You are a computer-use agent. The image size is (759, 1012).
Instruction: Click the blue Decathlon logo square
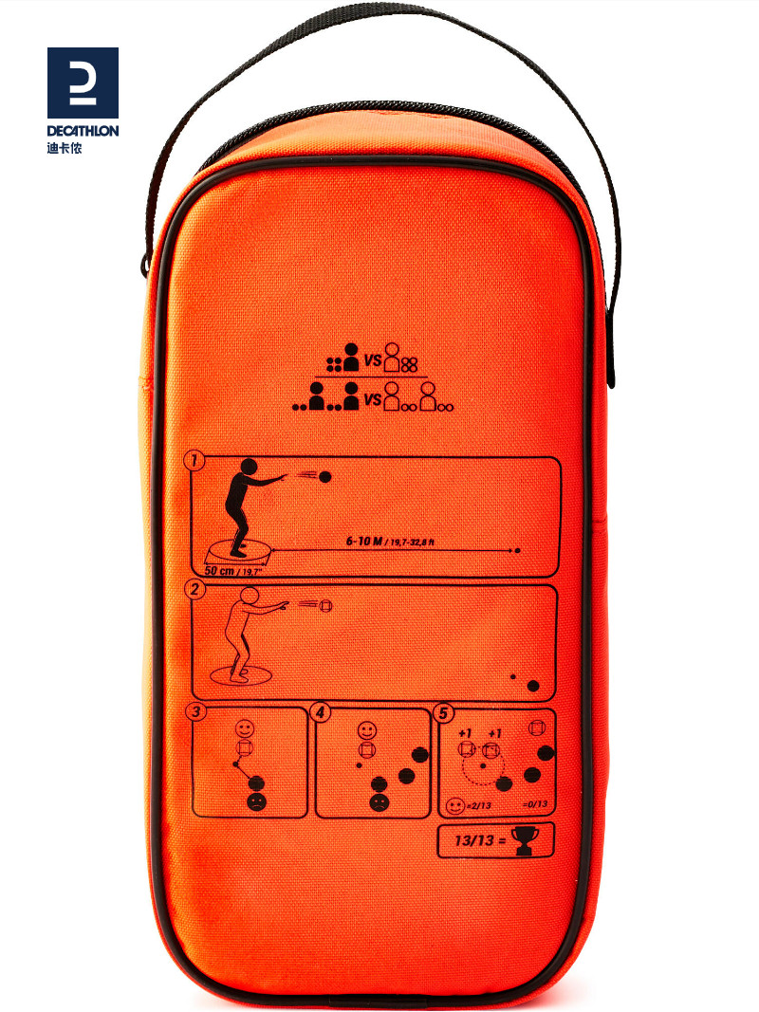83,83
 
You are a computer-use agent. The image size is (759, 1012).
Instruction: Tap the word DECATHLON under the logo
83,131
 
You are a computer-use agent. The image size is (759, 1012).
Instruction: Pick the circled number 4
322,711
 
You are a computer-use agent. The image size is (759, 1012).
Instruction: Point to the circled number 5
442,711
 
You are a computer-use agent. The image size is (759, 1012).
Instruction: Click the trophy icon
526,840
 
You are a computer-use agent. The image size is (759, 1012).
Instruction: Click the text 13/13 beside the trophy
471,841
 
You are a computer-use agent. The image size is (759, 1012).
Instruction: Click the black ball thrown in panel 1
324,476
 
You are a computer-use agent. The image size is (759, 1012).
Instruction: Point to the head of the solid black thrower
248,468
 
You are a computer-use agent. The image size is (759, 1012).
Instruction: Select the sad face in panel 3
256,801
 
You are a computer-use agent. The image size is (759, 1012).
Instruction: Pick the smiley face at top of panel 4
367,731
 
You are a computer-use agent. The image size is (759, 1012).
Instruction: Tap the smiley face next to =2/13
454,806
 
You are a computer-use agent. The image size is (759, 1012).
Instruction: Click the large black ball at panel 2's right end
533,686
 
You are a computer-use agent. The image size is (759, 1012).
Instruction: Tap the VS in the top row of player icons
373,361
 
